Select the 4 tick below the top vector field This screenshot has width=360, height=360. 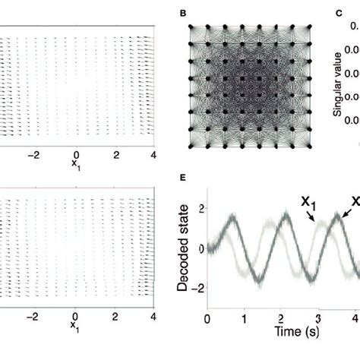(x=154, y=155)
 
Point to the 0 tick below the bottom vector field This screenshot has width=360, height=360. (x=74, y=316)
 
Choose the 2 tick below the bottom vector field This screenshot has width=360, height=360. (x=115, y=316)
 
